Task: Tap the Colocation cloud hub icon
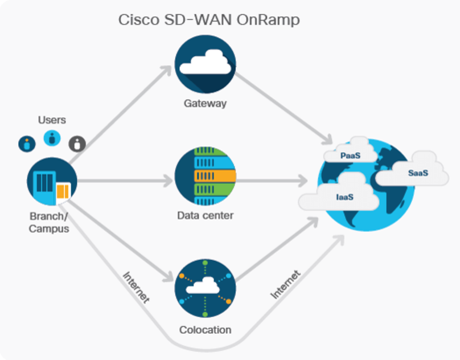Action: click(205, 289)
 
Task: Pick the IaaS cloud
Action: click(340, 197)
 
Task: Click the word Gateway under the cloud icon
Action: click(205, 104)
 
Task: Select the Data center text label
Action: click(205, 216)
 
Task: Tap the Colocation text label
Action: click(205, 330)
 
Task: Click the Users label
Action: click(52, 120)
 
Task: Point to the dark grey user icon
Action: click(77, 144)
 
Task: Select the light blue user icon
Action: click(52, 137)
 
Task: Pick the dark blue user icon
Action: click(27, 144)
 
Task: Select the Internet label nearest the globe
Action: click(285, 284)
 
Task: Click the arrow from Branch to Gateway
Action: click(120, 113)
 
